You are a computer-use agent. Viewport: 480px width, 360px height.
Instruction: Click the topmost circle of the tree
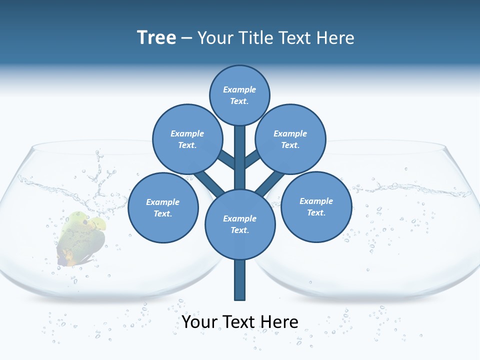coord(239,95)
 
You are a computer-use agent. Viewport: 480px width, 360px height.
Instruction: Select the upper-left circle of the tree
coord(187,139)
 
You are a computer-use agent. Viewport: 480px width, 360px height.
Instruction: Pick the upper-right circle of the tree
coord(290,139)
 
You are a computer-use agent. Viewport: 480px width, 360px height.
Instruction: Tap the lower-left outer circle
coord(163,207)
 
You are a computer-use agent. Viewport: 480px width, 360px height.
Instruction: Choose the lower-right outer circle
coord(316,206)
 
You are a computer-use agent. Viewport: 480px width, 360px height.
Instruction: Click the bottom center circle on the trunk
coord(240,224)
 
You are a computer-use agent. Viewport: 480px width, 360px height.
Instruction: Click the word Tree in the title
coord(156,37)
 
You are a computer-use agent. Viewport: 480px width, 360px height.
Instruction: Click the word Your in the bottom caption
coord(199,321)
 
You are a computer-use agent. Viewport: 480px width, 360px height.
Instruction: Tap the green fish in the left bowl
coord(81,237)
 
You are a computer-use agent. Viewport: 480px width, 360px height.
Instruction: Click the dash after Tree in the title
coord(186,38)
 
